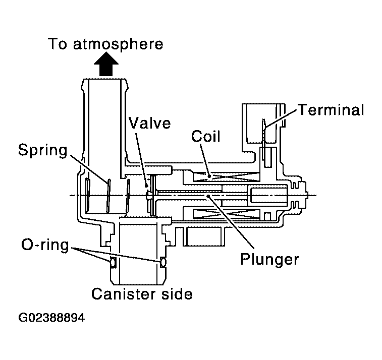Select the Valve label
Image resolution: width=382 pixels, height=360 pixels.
click(x=149, y=123)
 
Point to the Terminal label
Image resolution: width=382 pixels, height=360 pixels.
click(x=331, y=110)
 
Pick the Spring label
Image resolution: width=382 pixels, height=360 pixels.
click(x=43, y=150)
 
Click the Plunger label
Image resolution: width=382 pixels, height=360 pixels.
click(x=270, y=259)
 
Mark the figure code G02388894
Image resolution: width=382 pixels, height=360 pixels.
click(x=51, y=319)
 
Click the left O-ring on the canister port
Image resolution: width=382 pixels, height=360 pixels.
click(x=113, y=262)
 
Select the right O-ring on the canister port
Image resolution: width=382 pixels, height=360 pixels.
click(x=162, y=262)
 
